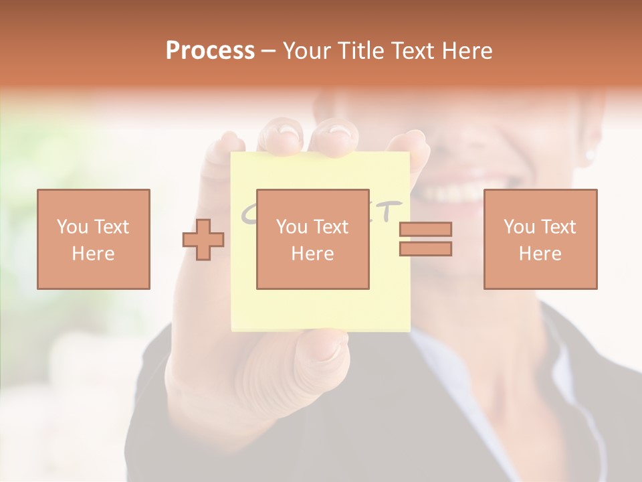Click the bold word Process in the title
[210, 51]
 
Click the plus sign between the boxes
[203, 240]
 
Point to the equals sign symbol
[425, 239]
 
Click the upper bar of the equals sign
[425, 230]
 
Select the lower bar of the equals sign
[425, 249]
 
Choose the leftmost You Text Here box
[94, 239]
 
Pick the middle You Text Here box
[312, 239]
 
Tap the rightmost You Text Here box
[540, 239]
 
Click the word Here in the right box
[540, 254]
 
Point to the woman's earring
[590, 155]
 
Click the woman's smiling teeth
[455, 194]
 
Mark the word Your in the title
[308, 51]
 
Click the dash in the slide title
[268, 52]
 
